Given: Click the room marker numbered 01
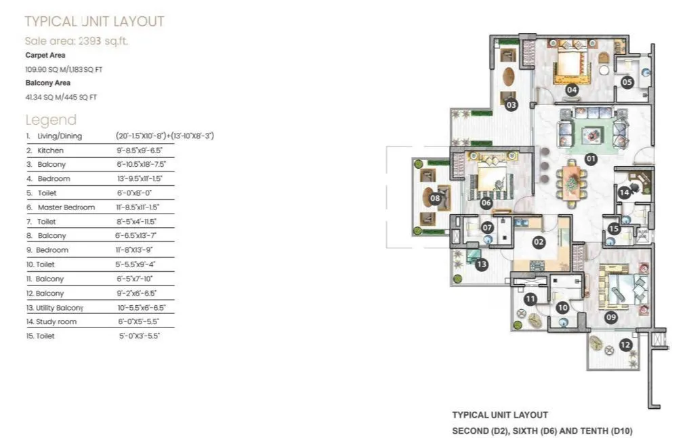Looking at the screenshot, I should (590, 159).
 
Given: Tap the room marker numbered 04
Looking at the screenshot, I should (572, 89).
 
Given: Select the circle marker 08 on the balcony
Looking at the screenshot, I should (436, 199).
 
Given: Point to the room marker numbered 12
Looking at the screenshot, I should (625, 344).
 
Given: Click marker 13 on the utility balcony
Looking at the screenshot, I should (482, 264).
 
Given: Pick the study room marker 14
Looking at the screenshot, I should (624, 193).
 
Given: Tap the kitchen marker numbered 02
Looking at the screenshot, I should (539, 241).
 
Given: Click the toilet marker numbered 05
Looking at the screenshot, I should (627, 82).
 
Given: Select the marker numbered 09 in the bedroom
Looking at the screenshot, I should (610, 315).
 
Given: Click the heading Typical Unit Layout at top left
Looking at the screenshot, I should (94, 22).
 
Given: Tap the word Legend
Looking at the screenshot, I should (51, 120).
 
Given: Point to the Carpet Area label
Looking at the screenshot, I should (45, 55).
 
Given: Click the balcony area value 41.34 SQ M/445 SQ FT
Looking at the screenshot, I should (61, 97).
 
